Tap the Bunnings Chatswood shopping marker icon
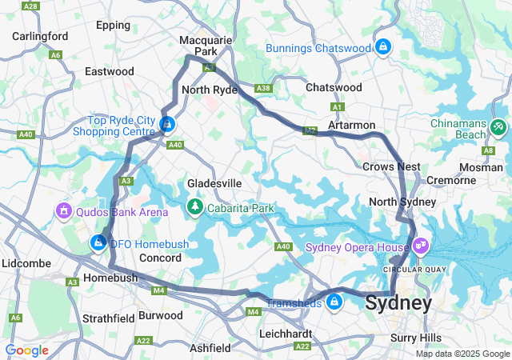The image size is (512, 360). [x=383, y=47]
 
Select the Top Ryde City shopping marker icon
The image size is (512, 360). [x=167, y=125]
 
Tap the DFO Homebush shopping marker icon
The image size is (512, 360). [x=99, y=241]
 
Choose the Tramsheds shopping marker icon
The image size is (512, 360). [x=334, y=302]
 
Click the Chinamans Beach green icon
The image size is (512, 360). [x=498, y=126]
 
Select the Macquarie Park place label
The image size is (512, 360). [x=206, y=46]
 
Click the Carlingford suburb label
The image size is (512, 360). [x=40, y=36]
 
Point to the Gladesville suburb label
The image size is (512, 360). [x=214, y=183]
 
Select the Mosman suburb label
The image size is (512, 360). [x=482, y=167]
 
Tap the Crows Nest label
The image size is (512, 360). [x=391, y=166]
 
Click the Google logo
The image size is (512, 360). [x=26, y=350]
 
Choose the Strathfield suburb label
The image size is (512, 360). [x=109, y=318]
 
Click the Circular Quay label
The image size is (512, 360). [x=409, y=269]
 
